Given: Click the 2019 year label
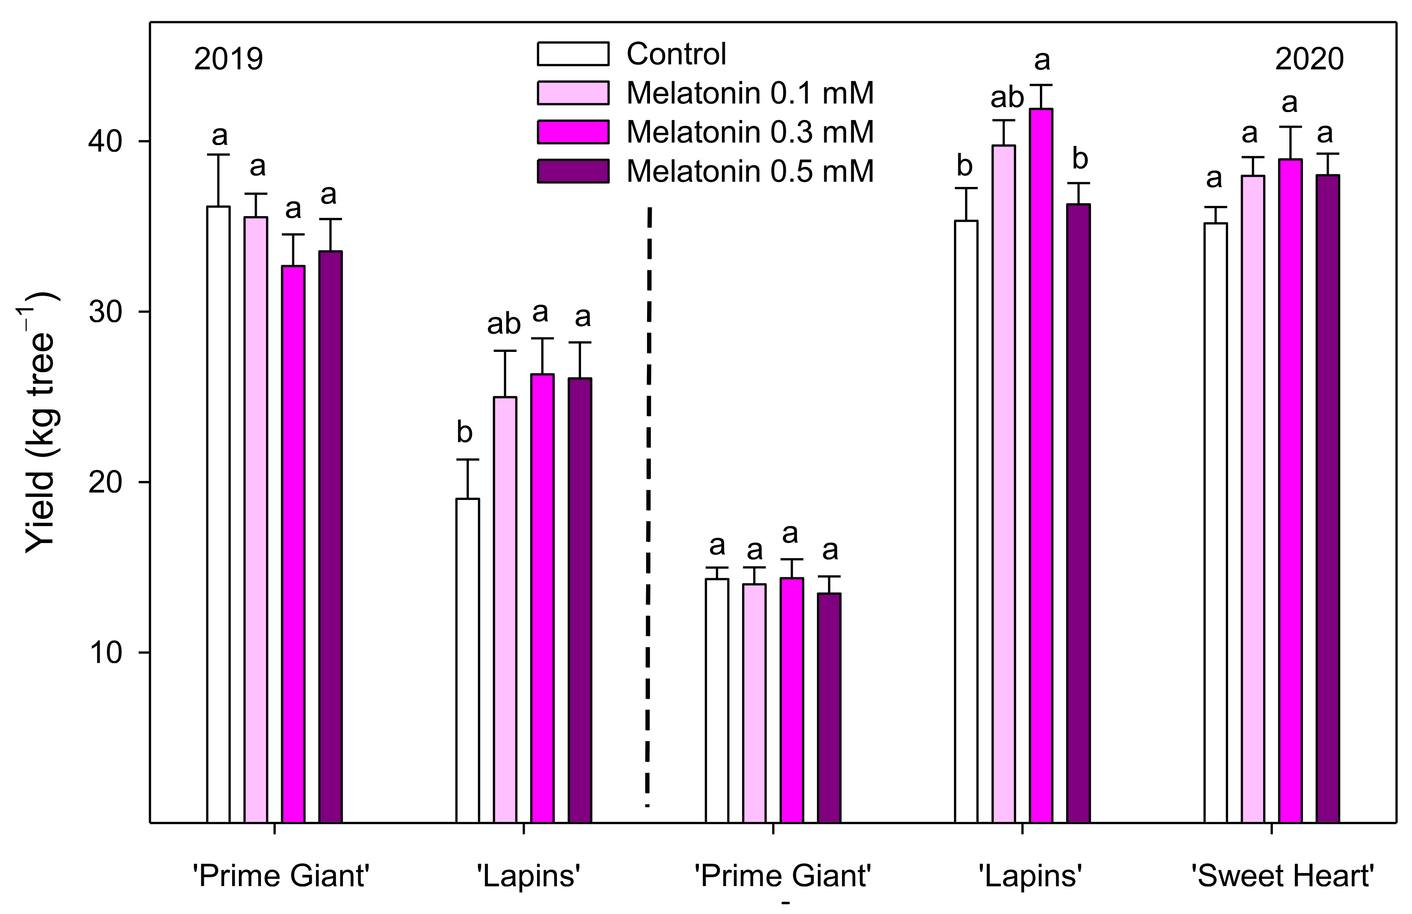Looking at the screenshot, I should pos(228,59).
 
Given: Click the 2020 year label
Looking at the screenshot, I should pos(1309,59).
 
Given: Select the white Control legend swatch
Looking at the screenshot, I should pos(573,53).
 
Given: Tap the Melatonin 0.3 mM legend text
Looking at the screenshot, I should pos(750,132).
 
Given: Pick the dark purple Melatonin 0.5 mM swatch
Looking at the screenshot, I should pos(573,171).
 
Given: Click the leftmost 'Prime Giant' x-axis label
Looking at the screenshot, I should pos(281,876).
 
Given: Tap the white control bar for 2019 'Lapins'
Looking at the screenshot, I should pos(468,659).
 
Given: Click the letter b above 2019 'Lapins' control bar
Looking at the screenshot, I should pos(465,432).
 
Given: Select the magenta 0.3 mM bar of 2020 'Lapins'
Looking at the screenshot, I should pos(1041,463).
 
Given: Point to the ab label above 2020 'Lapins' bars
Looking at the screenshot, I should pos(1007,97).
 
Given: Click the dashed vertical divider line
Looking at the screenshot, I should pos(648,505).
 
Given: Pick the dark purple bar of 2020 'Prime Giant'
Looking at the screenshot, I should pos(829,706).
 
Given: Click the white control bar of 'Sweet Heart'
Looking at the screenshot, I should pos(1215,522).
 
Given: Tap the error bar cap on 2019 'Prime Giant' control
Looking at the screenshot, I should pos(218,155).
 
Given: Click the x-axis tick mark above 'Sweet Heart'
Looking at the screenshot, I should pos(1272,829).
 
